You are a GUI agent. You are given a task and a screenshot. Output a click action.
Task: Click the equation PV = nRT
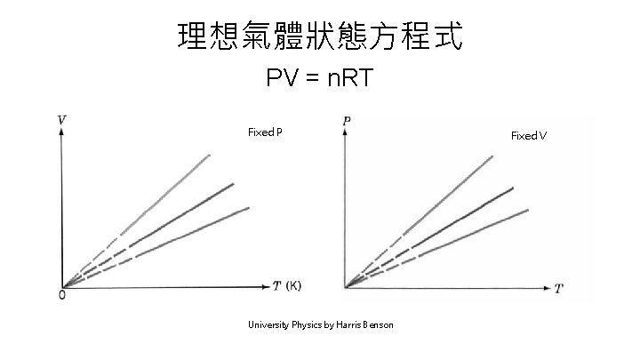[x=321, y=80]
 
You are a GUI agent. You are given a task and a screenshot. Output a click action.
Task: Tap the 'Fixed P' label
[x=265, y=132]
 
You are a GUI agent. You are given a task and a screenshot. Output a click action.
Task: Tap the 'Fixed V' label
[x=529, y=135]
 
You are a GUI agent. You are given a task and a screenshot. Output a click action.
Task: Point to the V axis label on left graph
[x=60, y=118]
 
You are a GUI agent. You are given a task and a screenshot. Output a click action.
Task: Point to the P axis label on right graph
[x=345, y=119]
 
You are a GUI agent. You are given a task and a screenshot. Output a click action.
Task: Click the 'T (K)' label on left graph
[x=287, y=286]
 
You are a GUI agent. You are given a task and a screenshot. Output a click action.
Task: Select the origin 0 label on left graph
[x=60, y=295]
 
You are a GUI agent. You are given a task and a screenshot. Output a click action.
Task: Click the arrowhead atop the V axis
[x=60, y=131]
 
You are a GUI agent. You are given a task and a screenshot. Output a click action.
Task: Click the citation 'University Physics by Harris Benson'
[x=320, y=325]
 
